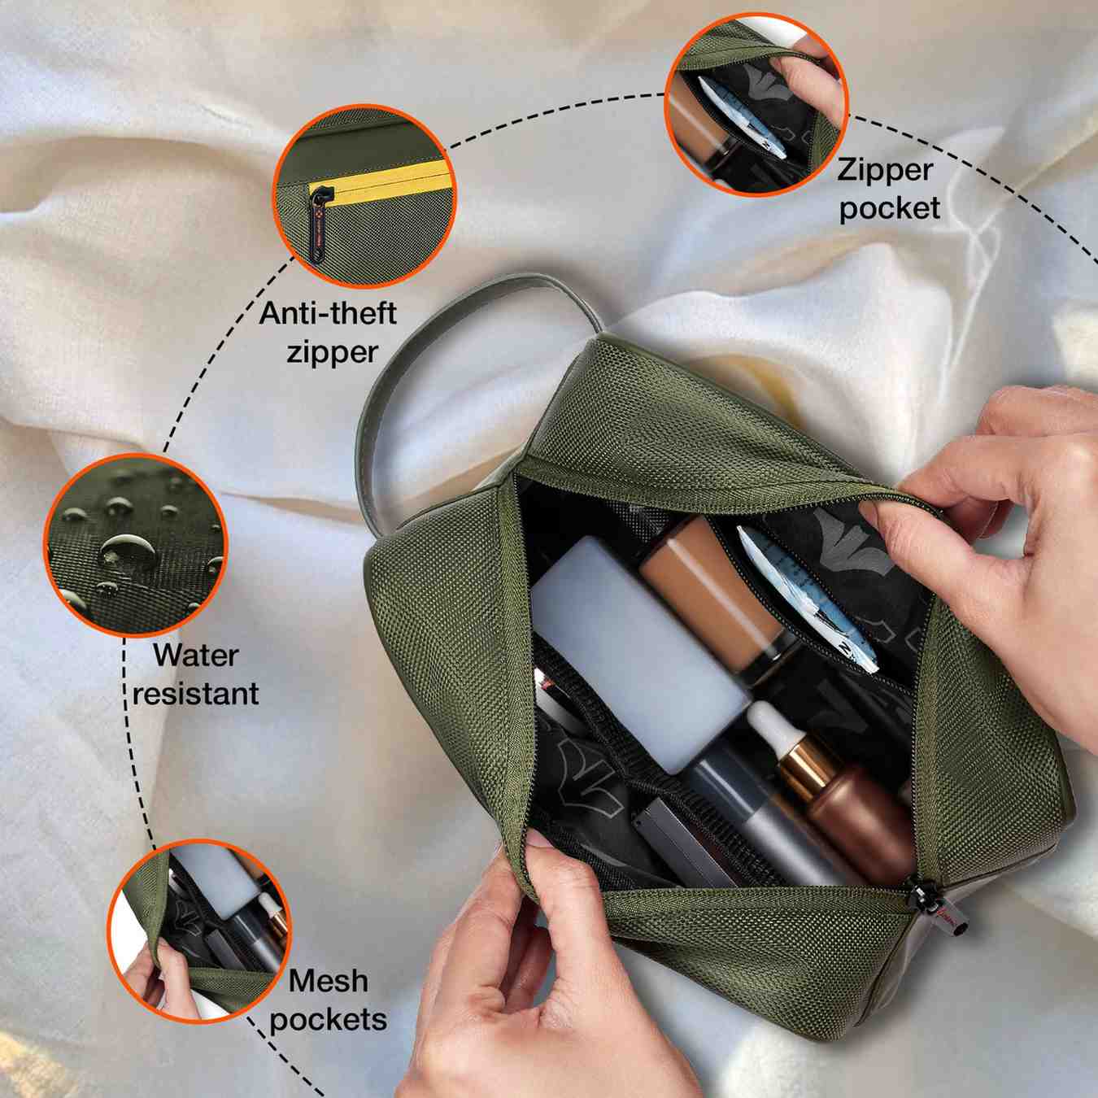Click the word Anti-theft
click(x=328, y=314)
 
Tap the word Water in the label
click(x=195, y=656)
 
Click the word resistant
click(x=195, y=695)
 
